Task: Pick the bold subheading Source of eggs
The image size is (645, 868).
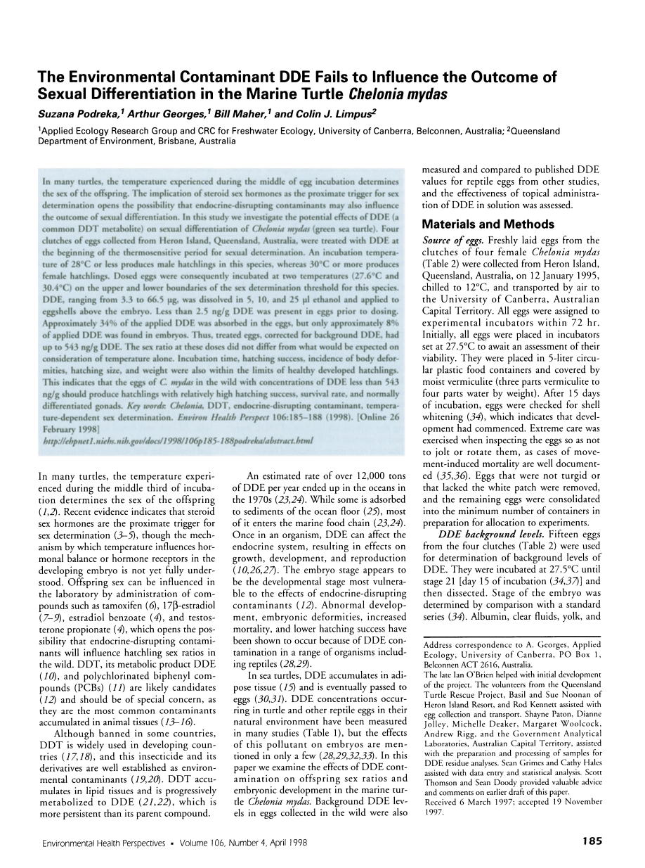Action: pos(447,241)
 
